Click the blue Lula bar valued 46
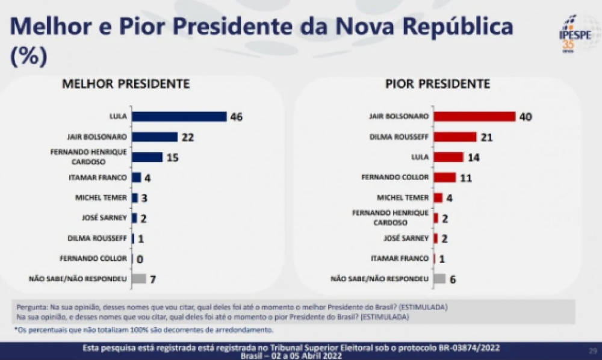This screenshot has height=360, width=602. [x=179, y=117]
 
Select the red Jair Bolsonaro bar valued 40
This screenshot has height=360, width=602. [x=474, y=117]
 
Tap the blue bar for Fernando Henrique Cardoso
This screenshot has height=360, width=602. [x=147, y=157]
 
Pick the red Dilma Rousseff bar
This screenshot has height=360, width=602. [x=455, y=137]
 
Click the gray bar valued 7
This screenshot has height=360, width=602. [x=139, y=279]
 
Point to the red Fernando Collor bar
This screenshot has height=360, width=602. [x=444, y=178]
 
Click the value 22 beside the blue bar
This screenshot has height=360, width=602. [x=187, y=137]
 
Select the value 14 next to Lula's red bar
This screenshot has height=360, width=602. [x=473, y=157]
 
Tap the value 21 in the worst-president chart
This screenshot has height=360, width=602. [x=486, y=137]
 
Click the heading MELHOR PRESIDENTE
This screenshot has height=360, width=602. [x=126, y=84]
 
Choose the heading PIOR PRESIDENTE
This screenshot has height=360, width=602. [x=437, y=84]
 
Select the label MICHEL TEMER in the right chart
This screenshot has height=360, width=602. [x=404, y=197]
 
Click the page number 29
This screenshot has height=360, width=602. [x=592, y=350]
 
